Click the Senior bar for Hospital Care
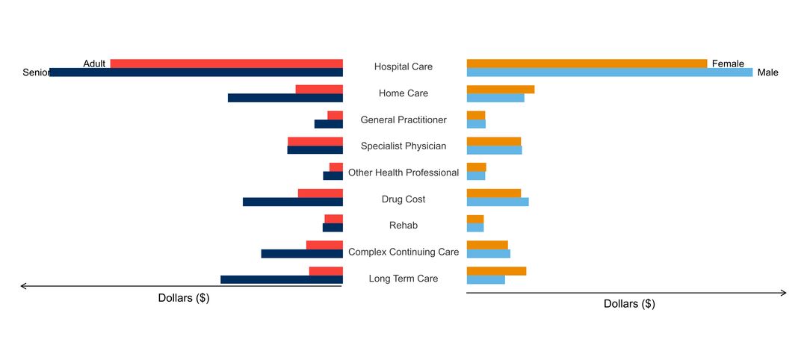point(196,72)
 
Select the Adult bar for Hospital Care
point(226,63)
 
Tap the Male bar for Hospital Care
point(609,72)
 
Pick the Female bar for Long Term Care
point(496,271)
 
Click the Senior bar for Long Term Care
point(282,280)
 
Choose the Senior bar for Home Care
point(285,98)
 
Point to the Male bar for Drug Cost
point(498,202)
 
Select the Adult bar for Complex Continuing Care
point(324,245)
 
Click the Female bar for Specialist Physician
point(494,141)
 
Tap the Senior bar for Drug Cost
point(293,202)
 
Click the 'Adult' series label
point(94,63)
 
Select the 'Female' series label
point(728,63)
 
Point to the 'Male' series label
point(767,72)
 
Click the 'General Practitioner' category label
point(403,120)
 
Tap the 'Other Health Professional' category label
point(403,173)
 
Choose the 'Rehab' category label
point(403,226)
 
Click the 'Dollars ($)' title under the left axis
point(184,298)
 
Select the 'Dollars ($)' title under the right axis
point(629,304)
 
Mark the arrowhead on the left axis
point(23,286)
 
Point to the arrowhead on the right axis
point(784,293)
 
